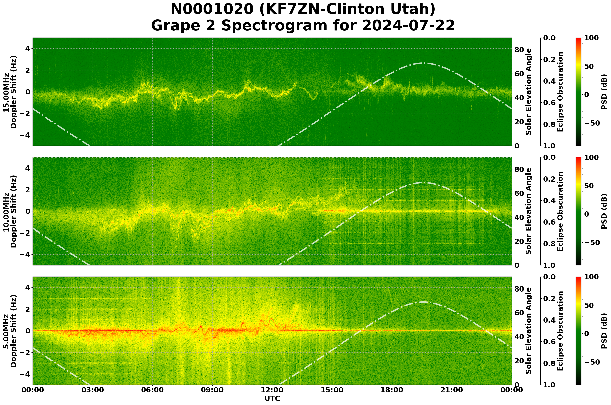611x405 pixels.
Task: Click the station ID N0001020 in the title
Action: (213, 9)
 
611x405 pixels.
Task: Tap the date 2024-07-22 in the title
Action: (408, 26)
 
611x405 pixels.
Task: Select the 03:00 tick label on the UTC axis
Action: (92, 390)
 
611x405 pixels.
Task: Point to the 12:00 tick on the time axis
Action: (272, 390)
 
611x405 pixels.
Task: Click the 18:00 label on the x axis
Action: (392, 390)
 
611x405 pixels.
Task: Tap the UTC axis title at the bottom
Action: (272, 398)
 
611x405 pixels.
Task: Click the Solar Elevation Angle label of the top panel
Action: (529, 92)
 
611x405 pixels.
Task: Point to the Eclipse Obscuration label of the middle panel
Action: (560, 211)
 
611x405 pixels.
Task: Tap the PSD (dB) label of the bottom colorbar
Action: (604, 331)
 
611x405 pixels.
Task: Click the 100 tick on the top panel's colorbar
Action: (591, 38)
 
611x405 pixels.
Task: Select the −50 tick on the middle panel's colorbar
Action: (592, 243)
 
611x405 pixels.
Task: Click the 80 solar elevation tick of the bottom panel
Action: (519, 289)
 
